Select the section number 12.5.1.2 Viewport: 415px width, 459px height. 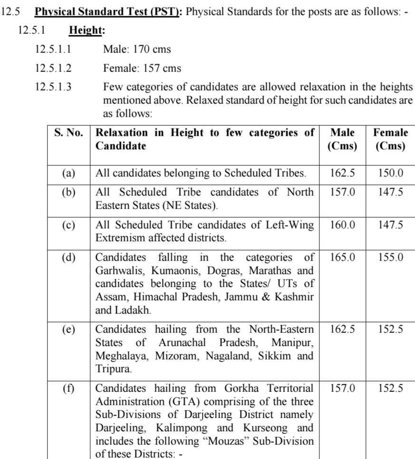pos(53,68)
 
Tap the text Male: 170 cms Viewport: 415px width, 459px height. pos(137,49)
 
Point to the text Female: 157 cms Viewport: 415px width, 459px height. pos(142,68)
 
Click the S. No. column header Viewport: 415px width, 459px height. pos(68,133)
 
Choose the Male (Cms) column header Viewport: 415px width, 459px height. pos(342,139)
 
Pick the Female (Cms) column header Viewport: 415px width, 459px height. pos(390,139)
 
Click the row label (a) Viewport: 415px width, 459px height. pos(68,173)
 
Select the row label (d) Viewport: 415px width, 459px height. pos(68,258)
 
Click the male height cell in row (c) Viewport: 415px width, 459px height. pos(342,225)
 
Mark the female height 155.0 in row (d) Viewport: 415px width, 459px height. pos(390,258)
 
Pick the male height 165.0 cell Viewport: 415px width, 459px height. pos(342,258)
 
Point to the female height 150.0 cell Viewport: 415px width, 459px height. pos(390,173)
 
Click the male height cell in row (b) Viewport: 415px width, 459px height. pos(342,192)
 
